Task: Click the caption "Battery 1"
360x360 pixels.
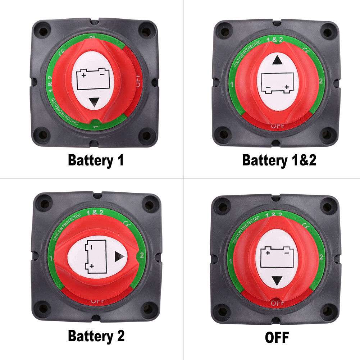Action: (x=96, y=160)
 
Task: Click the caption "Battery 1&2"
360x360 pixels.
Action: (x=279, y=160)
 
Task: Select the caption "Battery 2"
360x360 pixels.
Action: (x=96, y=336)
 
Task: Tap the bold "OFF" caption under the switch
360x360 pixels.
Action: (x=277, y=337)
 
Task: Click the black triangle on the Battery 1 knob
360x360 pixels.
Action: (x=94, y=103)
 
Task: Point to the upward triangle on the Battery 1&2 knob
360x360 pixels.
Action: (x=277, y=60)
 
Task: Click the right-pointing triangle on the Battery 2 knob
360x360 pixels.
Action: (x=119, y=256)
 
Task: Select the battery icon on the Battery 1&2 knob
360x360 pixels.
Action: (x=277, y=83)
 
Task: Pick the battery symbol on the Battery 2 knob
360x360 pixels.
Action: (x=95, y=256)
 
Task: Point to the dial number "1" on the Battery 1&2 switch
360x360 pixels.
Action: (x=233, y=85)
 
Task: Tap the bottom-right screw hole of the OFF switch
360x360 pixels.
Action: (x=327, y=310)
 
